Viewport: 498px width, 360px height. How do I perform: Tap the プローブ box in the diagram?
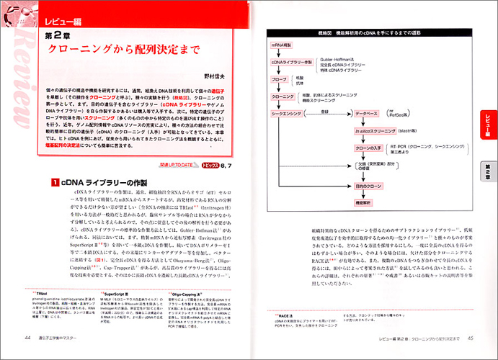point(281,79)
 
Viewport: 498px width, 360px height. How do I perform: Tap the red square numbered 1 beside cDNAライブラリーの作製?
point(54,184)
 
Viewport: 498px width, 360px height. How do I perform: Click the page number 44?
point(27,338)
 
